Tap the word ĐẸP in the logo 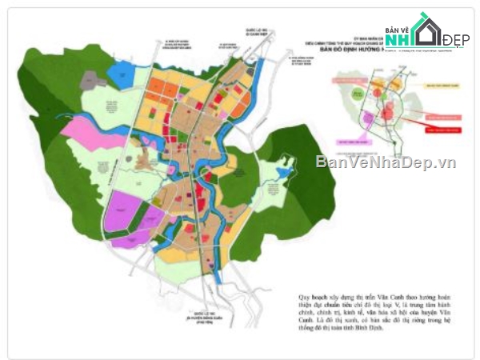(456, 40)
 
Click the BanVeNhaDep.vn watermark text (386, 162)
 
